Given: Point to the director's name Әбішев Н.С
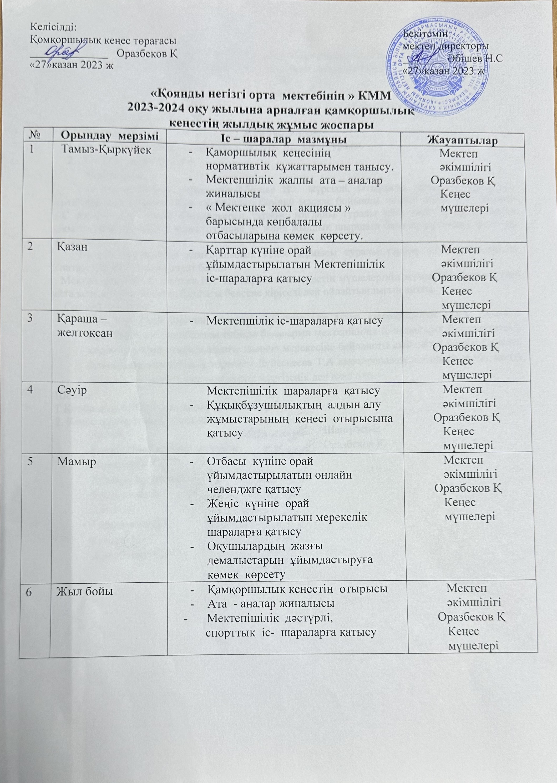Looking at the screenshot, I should (x=475, y=58).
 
